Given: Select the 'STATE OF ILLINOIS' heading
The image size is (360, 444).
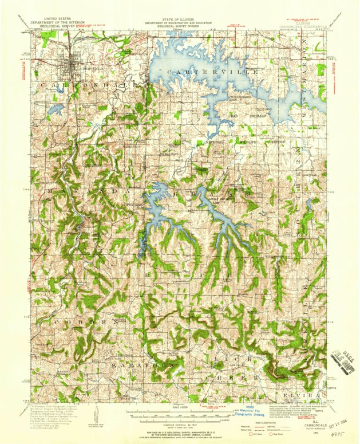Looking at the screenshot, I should click(180, 18).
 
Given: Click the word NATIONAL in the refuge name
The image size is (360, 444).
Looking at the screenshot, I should click(216, 141).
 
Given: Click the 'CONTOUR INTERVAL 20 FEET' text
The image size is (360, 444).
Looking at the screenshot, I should click(179, 416).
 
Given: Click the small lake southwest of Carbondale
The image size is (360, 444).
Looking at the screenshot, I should click(56, 108).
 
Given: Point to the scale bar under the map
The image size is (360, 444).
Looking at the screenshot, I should click(179, 411).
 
